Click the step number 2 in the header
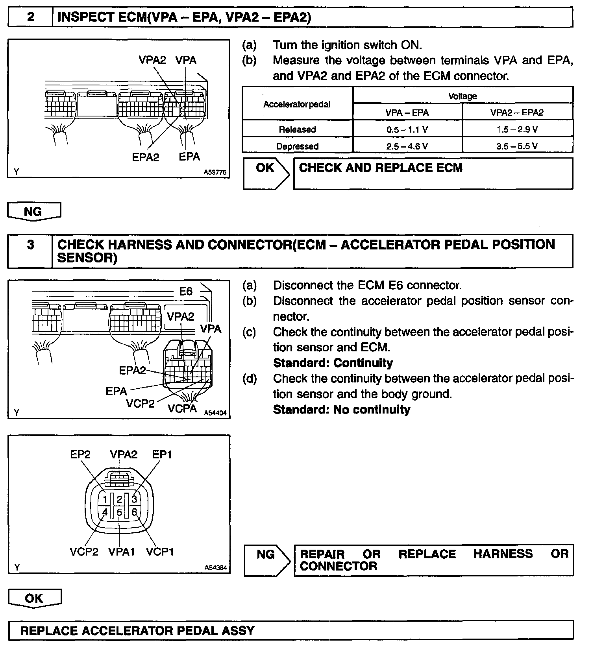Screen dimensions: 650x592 [30, 18]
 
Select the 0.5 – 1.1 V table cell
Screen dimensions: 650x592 [407, 129]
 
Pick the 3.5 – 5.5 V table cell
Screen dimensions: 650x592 [517, 146]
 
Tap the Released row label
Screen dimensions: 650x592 [297, 129]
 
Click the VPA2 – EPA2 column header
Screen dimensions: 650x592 [517, 113]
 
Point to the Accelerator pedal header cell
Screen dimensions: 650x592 [297, 104]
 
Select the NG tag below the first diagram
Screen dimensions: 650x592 [33, 212]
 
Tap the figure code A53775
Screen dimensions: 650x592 [215, 172]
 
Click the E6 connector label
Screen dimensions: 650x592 [186, 291]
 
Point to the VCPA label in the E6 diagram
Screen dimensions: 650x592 [182, 408]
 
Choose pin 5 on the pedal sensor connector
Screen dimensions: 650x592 [119, 513]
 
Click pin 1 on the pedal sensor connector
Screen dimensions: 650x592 [104, 499]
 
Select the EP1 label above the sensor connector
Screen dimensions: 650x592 [162, 454]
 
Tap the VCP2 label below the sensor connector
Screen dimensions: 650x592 [84, 552]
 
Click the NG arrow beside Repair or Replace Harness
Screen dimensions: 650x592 [266, 555]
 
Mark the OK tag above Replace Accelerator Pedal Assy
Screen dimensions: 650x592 [34, 598]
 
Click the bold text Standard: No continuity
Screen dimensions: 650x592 [341, 410]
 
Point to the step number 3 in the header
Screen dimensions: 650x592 [30, 245]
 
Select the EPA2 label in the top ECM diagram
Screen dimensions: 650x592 [145, 157]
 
